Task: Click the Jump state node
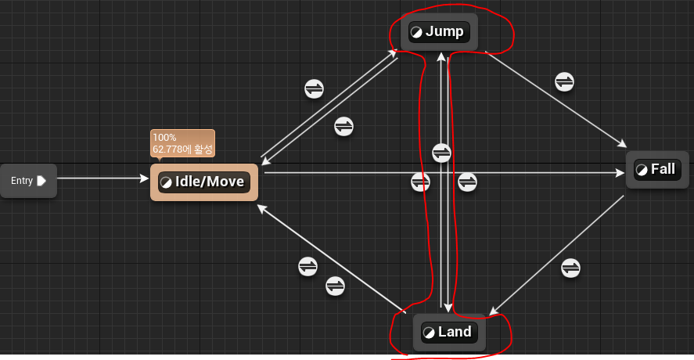point(438,32)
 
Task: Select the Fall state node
point(656,169)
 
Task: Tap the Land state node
point(449,332)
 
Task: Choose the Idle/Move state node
point(203,182)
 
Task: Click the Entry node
point(28,181)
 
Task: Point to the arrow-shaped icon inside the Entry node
point(41,181)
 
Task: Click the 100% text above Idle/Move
point(164,138)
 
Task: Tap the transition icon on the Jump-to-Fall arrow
point(564,81)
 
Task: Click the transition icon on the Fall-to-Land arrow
point(571,268)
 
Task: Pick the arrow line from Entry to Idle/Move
point(102,178)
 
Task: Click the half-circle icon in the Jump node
point(416,32)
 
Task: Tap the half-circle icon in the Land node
point(428,332)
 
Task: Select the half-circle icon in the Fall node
point(641,169)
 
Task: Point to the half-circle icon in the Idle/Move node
point(165,182)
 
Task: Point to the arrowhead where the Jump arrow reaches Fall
point(623,144)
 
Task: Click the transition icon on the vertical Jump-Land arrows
point(442,152)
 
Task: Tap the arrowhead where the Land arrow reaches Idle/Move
point(262,208)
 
